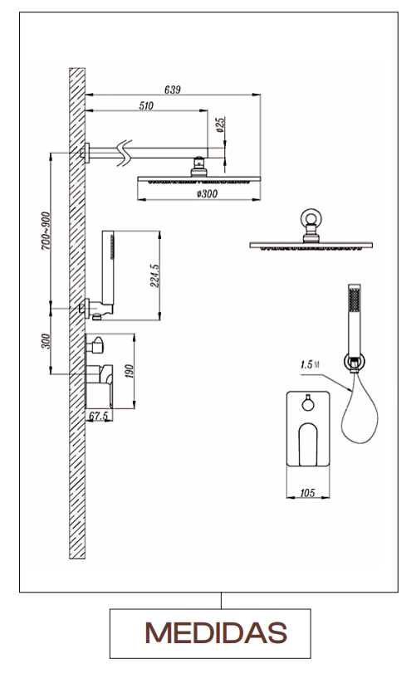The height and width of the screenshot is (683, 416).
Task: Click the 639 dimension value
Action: coord(173,90)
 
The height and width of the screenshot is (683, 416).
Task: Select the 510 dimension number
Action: coord(146,105)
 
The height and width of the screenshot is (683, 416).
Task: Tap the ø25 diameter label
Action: coord(220,124)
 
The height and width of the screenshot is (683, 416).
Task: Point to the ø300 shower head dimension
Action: coord(207,193)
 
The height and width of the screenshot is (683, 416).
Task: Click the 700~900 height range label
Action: coord(46,231)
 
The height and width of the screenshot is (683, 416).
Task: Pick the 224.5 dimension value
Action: coord(154,276)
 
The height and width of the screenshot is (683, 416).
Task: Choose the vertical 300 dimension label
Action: coord(46,341)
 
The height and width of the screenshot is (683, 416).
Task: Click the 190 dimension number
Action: coord(130,371)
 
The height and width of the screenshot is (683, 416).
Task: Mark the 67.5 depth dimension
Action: coord(99,416)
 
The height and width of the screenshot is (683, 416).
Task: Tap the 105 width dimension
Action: coord(307,493)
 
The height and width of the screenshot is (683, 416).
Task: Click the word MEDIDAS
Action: coord(216,633)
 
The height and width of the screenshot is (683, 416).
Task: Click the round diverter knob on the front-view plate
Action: coord(308,405)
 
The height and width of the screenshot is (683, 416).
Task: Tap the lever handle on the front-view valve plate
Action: coord(308,444)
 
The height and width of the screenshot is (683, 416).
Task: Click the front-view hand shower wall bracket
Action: coord(355,362)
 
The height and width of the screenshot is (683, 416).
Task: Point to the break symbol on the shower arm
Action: coord(125,153)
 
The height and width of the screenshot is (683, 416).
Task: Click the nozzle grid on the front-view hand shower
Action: coord(355,300)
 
